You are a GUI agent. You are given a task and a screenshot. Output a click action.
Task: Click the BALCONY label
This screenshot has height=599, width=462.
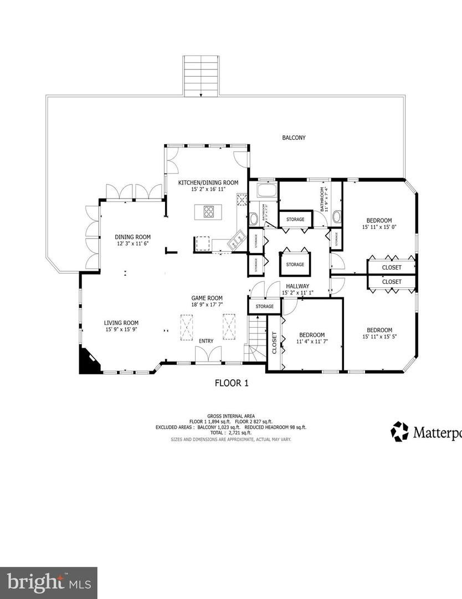(294, 138)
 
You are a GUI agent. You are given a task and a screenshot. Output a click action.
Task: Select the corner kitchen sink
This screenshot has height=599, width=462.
(238, 240)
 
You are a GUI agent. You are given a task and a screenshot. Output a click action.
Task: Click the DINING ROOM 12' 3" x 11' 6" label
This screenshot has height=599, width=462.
(132, 240)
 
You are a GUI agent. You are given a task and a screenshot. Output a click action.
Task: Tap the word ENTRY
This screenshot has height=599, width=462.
(206, 341)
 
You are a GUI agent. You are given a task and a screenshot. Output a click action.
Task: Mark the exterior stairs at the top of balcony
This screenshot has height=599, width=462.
(201, 76)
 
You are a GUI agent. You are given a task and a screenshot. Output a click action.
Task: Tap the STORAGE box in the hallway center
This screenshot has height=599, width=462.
(295, 264)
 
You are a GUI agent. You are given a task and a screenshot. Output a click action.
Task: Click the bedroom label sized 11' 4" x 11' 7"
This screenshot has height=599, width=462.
(311, 338)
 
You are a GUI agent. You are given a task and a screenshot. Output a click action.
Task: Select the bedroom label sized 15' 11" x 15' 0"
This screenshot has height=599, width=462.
(380, 223)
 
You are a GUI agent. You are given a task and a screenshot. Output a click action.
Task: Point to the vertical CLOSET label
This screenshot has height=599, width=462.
(274, 342)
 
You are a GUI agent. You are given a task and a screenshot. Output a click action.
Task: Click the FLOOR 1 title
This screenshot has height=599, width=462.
(231, 383)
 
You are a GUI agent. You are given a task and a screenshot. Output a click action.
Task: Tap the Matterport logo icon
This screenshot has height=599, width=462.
(399, 431)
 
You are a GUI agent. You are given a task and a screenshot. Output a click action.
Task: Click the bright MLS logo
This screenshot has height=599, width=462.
(48, 582)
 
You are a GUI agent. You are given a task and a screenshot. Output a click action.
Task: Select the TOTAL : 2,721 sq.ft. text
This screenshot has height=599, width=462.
(231, 433)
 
